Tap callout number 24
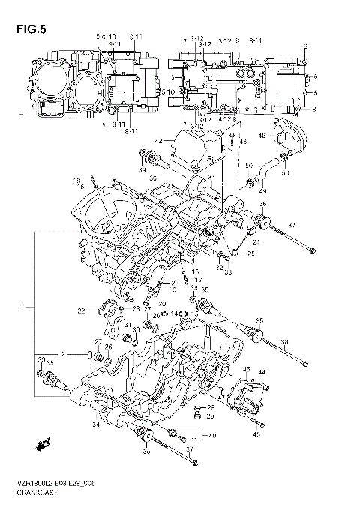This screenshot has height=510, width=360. tap(256, 242)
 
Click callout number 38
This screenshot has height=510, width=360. tap(284, 343)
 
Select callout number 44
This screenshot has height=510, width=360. tap(262, 373)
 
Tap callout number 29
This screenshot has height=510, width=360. tap(211, 415)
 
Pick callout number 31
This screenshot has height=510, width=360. tap(128, 325)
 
